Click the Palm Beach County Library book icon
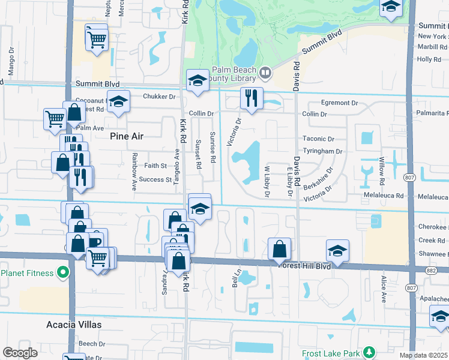(x=265, y=73)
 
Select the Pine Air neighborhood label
(x=127, y=136)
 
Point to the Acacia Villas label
(x=74, y=325)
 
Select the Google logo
(x=20, y=352)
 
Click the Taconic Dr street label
(x=318, y=139)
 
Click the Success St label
(x=155, y=179)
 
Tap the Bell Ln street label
(x=236, y=278)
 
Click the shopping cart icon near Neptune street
(x=97, y=40)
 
